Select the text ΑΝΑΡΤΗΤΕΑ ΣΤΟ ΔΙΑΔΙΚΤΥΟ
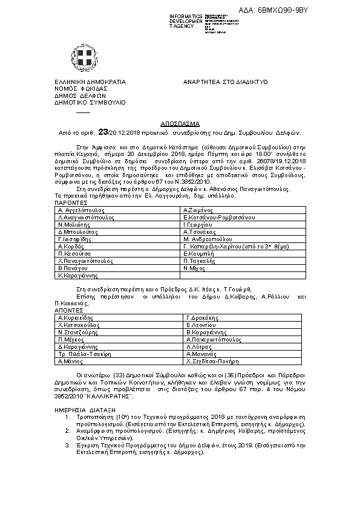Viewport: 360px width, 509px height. coord(225,82)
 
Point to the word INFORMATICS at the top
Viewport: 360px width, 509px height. coord(186,15)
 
